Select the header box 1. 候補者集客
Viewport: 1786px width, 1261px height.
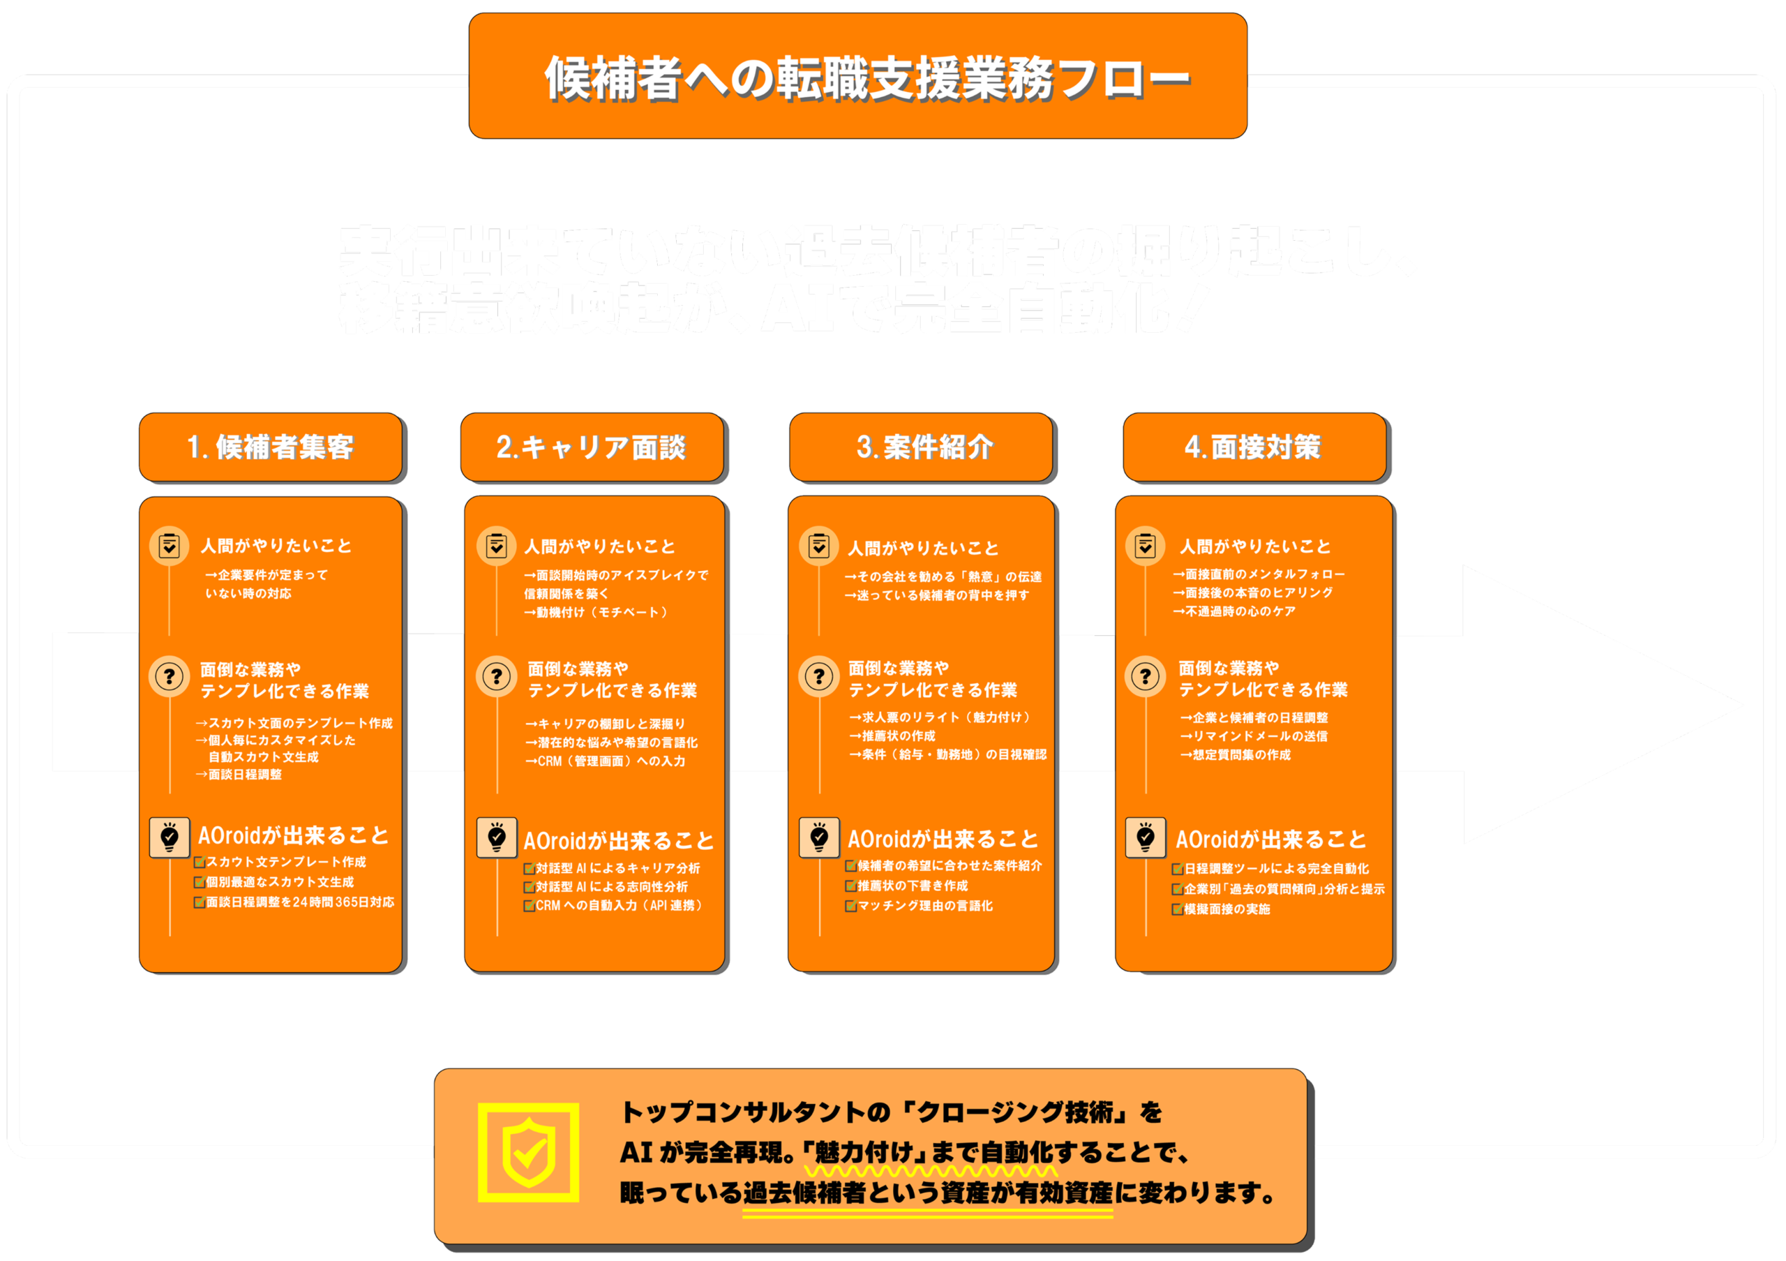pos(271,447)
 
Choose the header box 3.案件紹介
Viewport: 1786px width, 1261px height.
pos(924,447)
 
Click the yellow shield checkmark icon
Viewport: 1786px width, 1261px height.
pos(528,1152)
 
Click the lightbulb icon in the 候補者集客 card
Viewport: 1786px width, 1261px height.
pos(170,837)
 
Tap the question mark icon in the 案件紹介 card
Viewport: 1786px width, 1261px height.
pos(818,676)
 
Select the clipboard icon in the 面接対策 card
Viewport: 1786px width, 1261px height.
pos(1144,546)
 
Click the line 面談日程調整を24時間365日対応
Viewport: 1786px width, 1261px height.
pos(299,902)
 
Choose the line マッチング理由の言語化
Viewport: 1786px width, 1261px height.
pos(924,906)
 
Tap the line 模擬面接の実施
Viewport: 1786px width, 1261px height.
pos(1226,909)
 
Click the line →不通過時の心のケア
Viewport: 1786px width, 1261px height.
pos(1234,611)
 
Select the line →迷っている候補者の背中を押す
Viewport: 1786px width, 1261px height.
pos(938,595)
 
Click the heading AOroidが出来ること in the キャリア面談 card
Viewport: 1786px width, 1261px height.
pos(618,841)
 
